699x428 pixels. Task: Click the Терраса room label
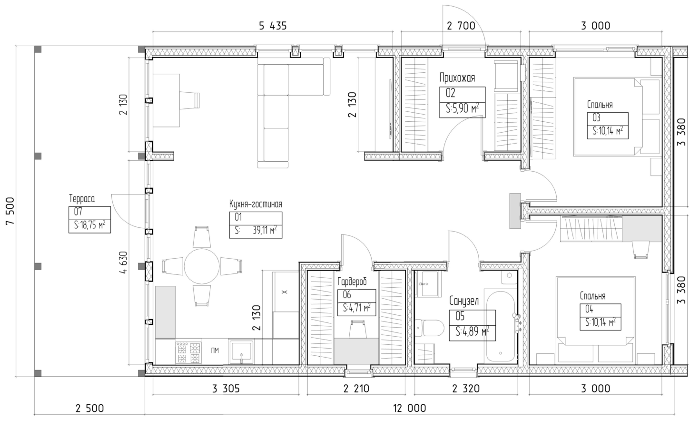tap(82, 199)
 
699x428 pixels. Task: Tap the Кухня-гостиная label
tap(256, 204)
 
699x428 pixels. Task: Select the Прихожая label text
tap(457, 78)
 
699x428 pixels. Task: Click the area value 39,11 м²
tap(265, 231)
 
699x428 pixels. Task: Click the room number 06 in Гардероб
tap(347, 294)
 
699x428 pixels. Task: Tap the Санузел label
tap(464, 301)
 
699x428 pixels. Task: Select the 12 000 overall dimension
tap(409, 408)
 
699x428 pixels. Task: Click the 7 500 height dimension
tap(10, 211)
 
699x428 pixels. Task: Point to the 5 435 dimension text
tap(273, 26)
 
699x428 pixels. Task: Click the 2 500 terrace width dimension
tap(89, 408)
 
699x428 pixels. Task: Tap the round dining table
tap(202, 266)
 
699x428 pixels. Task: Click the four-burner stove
tap(188, 352)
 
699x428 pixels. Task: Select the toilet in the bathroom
tap(429, 328)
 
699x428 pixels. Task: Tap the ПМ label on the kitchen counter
tap(215, 350)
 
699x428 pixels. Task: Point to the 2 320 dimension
tap(465, 389)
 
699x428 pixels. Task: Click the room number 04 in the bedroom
tap(589, 309)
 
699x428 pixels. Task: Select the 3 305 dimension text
tap(226, 389)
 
